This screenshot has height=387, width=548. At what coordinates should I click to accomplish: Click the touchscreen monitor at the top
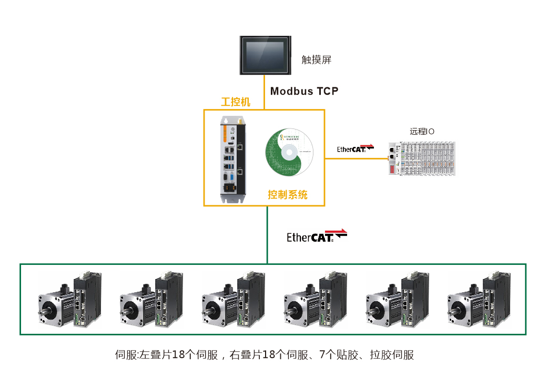click(267, 55)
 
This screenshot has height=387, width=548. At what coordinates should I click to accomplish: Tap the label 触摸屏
click(317, 59)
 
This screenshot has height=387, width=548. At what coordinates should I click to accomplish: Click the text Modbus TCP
click(304, 91)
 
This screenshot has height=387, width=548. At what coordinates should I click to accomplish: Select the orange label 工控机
click(236, 102)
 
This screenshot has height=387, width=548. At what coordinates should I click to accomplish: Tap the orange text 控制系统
click(288, 195)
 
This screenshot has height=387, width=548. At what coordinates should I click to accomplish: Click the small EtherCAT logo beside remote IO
click(355, 148)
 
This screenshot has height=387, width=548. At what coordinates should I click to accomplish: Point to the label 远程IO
click(422, 132)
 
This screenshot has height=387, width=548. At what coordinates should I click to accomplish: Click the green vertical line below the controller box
click(267, 234)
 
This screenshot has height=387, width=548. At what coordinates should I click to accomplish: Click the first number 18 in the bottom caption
click(178, 355)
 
